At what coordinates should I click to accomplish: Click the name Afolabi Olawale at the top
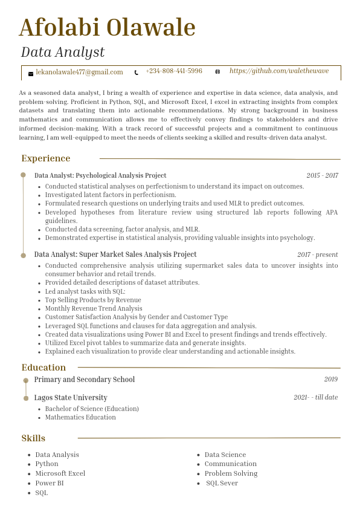click(108, 28)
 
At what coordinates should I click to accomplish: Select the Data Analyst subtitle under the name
click(63, 52)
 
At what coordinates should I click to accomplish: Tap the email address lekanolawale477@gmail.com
click(79, 72)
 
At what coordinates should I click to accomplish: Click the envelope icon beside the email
click(31, 73)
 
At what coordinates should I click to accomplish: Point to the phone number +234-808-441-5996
click(174, 71)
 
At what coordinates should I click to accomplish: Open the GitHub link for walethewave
click(279, 71)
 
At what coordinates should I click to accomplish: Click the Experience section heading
click(46, 158)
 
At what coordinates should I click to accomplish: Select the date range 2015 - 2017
click(322, 176)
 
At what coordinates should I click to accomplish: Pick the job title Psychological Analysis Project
click(100, 175)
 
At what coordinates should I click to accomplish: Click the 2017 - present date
click(317, 255)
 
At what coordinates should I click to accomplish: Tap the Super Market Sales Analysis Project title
click(115, 254)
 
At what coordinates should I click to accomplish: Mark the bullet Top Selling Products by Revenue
click(93, 300)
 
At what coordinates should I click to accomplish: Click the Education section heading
click(43, 368)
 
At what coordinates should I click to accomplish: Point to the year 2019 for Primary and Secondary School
click(330, 380)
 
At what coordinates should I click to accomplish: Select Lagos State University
click(71, 398)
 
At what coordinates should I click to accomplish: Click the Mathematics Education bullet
click(80, 417)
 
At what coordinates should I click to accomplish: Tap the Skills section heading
click(33, 438)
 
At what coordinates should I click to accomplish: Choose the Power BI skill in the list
click(50, 483)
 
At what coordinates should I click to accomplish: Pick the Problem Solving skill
click(231, 473)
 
